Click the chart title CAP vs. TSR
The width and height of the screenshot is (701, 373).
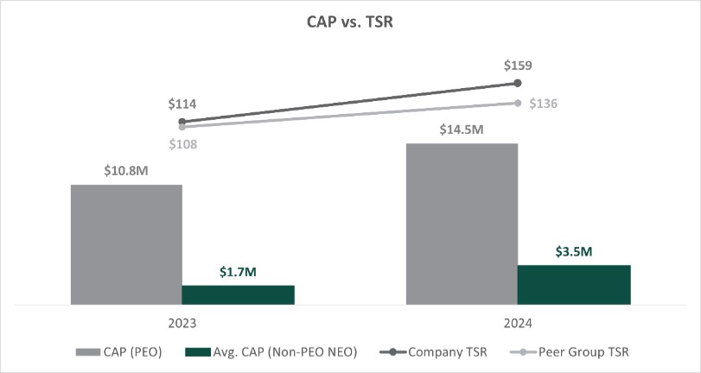(350, 22)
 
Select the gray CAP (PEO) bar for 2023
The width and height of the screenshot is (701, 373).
(126, 244)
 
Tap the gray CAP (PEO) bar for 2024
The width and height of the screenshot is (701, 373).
(462, 224)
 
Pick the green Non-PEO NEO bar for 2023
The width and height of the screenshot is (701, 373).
(238, 294)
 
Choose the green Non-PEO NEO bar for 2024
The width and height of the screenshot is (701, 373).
(574, 284)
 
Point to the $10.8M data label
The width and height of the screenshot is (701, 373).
(126, 171)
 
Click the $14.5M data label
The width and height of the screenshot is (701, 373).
(462, 130)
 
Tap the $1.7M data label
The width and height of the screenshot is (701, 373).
(238, 272)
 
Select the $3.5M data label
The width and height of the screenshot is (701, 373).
(574, 251)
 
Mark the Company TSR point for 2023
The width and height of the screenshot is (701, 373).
(182, 122)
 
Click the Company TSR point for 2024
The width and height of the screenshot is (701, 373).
(518, 83)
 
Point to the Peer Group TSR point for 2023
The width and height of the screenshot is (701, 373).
(182, 127)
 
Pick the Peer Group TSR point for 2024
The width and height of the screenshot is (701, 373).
(518, 103)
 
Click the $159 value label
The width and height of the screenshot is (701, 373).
(518, 65)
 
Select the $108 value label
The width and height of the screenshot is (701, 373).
(182, 144)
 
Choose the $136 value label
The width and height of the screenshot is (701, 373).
(544, 104)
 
